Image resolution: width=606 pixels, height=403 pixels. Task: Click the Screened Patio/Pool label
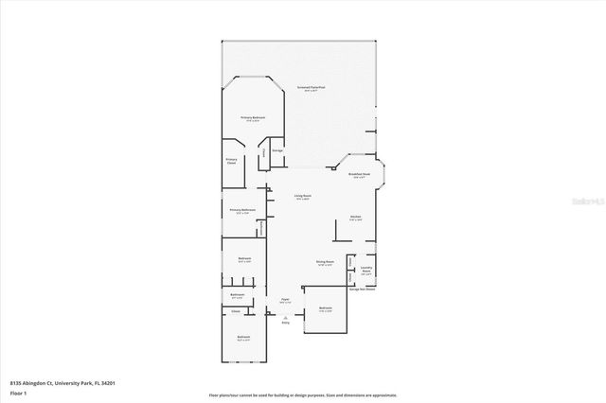311,87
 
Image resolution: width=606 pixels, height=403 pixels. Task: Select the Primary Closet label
231,161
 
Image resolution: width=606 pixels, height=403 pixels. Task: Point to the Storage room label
277,150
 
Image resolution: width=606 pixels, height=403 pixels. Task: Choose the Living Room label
303,197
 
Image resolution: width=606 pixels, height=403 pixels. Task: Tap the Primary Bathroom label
241,210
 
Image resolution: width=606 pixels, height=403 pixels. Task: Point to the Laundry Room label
365,270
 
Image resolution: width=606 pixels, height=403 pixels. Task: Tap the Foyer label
284,300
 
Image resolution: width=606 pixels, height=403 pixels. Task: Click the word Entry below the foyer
284,323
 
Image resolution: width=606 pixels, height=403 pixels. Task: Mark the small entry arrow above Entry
284,314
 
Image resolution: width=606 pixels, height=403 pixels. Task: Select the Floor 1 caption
18,393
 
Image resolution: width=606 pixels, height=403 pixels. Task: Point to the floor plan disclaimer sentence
303,394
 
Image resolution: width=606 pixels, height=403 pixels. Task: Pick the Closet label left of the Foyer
236,309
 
